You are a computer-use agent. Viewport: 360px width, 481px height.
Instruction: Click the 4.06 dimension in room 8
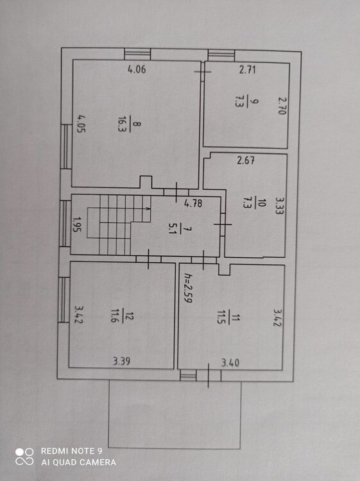click(x=137, y=70)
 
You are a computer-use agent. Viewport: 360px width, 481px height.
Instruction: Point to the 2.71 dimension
click(x=248, y=71)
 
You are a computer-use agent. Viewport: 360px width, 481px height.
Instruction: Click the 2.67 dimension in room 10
click(x=245, y=161)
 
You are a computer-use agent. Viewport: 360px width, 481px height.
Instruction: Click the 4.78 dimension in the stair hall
click(x=193, y=205)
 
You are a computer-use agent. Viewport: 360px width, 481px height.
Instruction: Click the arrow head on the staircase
click(x=149, y=208)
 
